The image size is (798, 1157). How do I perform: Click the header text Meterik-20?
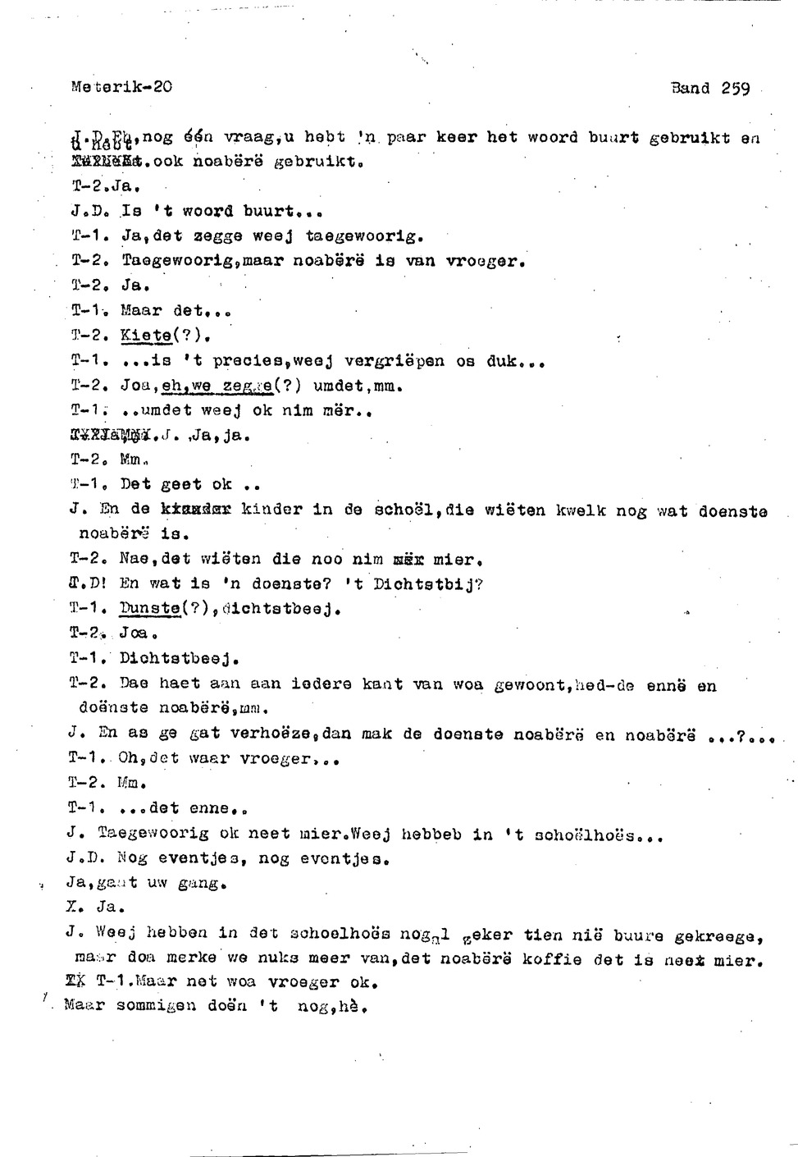[121, 86]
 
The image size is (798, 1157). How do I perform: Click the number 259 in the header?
[736, 89]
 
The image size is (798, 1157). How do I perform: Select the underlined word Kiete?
[145, 335]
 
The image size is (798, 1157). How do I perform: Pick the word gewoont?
[532, 684]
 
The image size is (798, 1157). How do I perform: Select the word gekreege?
[718, 935]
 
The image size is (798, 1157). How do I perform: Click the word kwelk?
[581, 510]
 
